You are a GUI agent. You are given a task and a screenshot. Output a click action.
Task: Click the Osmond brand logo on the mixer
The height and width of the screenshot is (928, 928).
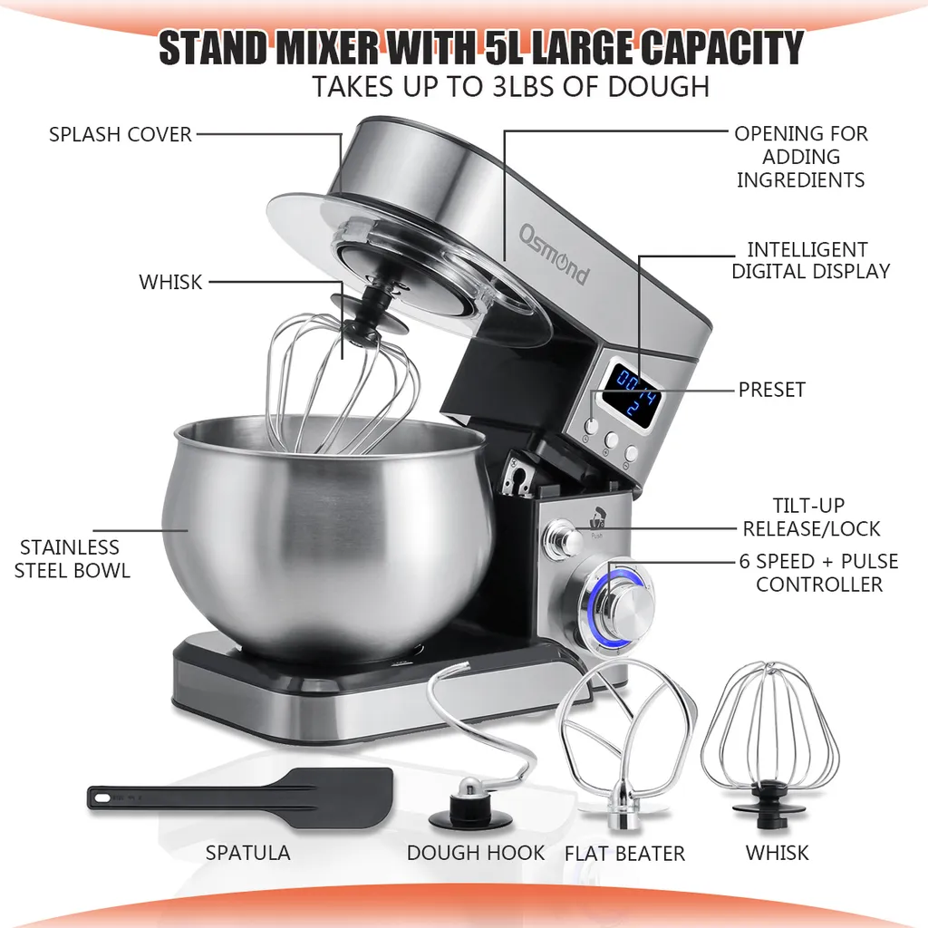pyautogui.click(x=553, y=255)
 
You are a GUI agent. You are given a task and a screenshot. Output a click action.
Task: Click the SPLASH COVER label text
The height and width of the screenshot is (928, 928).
pyautogui.click(x=121, y=134)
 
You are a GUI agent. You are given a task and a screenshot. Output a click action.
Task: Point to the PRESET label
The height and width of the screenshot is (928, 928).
pyautogui.click(x=771, y=390)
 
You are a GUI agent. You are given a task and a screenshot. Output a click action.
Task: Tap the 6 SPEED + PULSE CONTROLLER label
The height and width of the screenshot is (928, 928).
pyautogui.click(x=818, y=573)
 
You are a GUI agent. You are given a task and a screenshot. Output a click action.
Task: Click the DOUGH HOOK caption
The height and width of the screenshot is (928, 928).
pyautogui.click(x=476, y=853)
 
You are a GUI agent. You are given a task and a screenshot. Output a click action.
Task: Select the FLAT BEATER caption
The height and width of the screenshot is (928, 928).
pyautogui.click(x=624, y=854)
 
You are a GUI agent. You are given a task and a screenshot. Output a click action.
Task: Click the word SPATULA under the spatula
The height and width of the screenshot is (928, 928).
pyautogui.click(x=247, y=853)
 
